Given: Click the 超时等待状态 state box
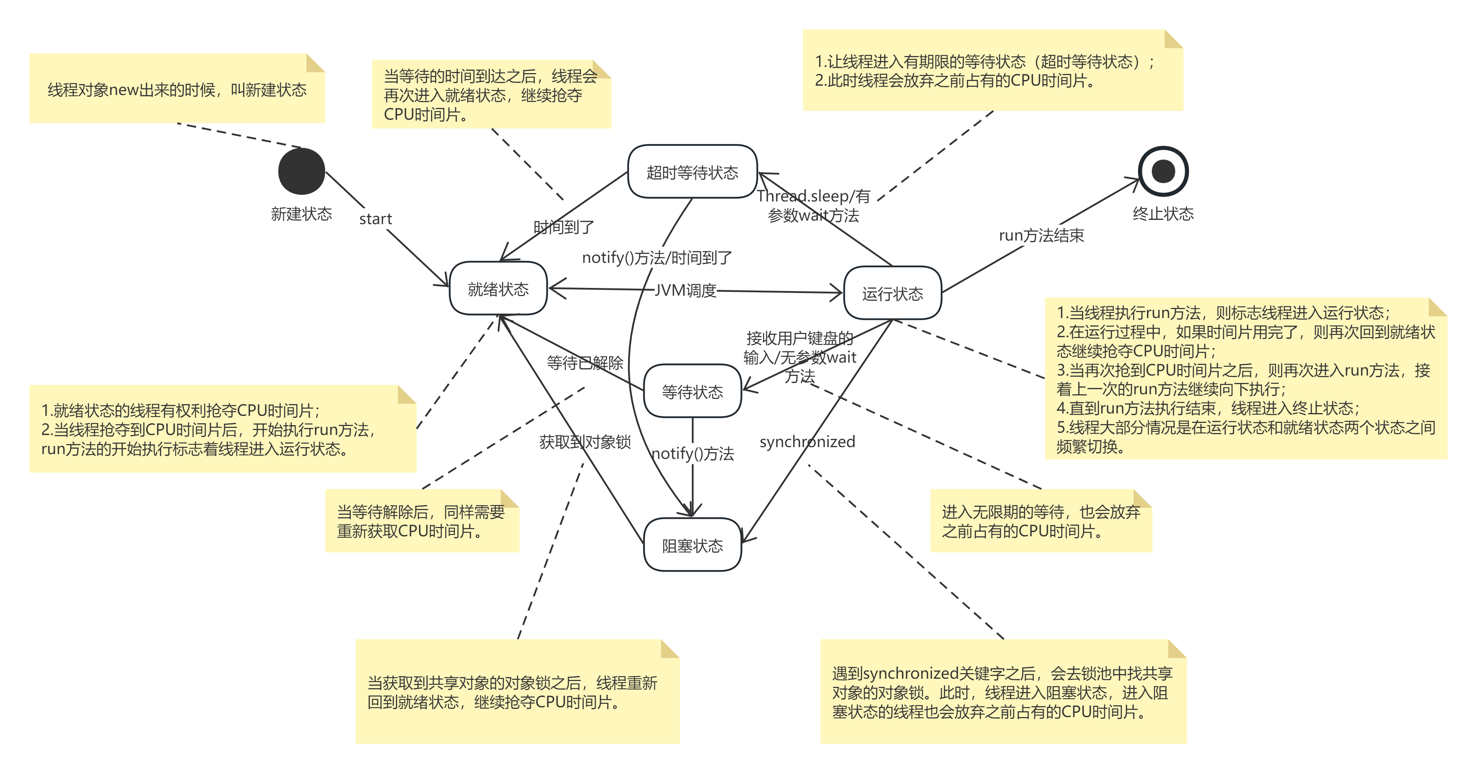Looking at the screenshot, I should point(692,172).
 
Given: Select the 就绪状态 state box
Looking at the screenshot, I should point(498,289).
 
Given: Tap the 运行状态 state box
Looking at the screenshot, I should point(892,293).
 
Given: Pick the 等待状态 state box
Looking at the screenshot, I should point(692,391).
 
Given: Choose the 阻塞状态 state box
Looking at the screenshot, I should point(692,545).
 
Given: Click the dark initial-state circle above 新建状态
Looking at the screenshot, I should point(302,171).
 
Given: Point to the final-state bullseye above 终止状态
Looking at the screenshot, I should point(1163,171).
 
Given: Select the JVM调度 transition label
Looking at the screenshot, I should point(685,291).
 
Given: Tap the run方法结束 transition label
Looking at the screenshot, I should point(1041,235).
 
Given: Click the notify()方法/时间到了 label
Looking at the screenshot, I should point(656,258).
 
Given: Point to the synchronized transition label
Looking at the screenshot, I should point(807,442).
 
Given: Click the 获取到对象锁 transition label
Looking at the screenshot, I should point(584,442).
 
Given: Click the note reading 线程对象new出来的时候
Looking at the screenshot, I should point(177,90).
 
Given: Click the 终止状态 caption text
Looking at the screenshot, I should point(1163,214).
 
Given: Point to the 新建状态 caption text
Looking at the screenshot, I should point(302,214).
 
